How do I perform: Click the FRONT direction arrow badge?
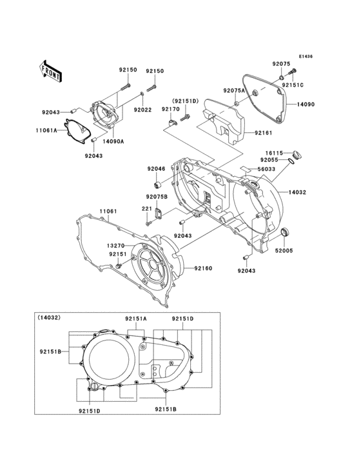tap(51, 70)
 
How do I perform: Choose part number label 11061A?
tap(46, 130)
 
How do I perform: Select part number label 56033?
tap(266, 168)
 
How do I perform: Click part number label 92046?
tap(156, 169)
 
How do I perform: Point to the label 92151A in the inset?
tap(135, 319)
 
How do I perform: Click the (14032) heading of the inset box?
tap(49, 317)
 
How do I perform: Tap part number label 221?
tap(147, 208)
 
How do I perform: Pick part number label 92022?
tap(142, 110)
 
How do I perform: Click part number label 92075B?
tap(156, 196)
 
